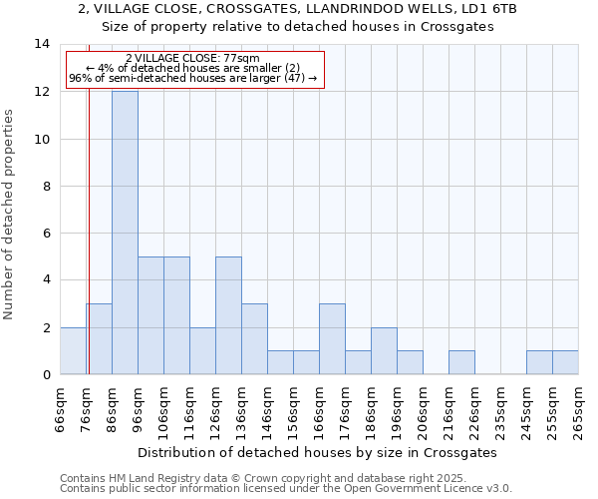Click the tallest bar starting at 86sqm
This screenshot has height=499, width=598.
coord(125,233)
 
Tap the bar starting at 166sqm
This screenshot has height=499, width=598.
coord(332,339)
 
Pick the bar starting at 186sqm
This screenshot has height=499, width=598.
coord(384,350)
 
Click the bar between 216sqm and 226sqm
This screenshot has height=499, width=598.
coord(461,362)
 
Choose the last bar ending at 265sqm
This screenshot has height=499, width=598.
coord(565,362)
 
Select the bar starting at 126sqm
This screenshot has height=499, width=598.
coord(228,315)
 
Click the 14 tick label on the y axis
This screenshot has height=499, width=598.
coord(43,44)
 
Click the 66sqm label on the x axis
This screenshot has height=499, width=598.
coord(61,409)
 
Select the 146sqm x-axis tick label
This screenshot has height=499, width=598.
coord(268,409)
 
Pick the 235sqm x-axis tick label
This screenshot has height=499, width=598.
coord(501,409)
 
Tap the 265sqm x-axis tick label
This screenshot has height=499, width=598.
coord(579,409)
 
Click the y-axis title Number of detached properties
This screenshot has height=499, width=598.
coord(9,214)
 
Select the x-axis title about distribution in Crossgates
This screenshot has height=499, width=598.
coord(317,452)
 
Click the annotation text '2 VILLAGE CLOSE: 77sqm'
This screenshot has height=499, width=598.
coord(192,59)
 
